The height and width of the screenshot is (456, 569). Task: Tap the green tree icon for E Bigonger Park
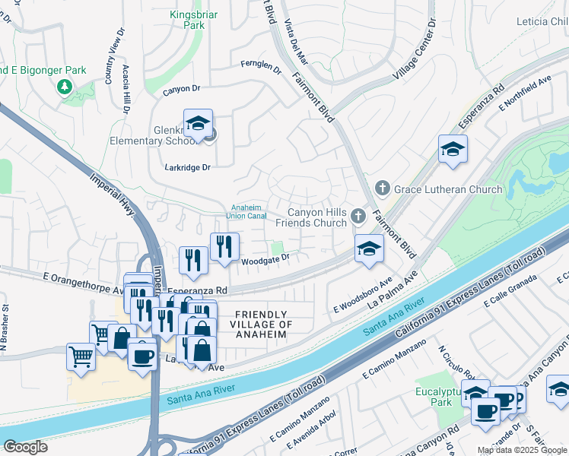pyautogui.click(x=65, y=87)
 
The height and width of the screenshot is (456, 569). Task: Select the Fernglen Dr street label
pyautogui.click(x=261, y=67)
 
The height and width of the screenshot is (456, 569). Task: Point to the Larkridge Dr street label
pyautogui.click(x=186, y=166)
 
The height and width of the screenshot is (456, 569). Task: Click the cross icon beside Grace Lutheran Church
pyautogui.click(x=382, y=188)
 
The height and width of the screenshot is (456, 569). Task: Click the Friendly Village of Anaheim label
pyautogui.click(x=261, y=325)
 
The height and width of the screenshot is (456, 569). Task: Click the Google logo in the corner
pyautogui.click(x=25, y=446)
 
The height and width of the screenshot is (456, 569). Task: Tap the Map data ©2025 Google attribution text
pyautogui.click(x=522, y=450)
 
